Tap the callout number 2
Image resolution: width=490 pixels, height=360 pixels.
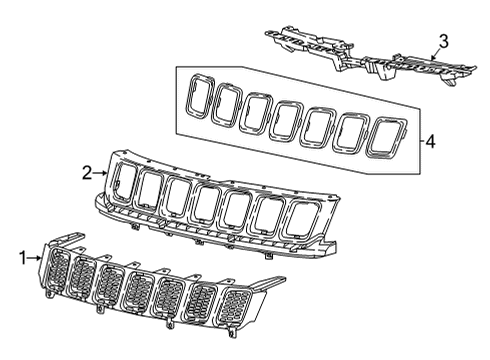(86, 173)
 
